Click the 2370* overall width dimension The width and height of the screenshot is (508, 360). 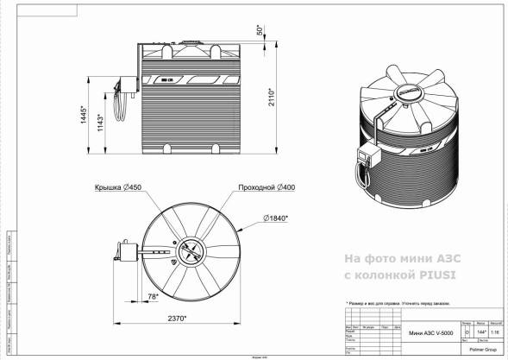(x=178, y=319)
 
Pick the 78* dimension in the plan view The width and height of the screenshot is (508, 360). (x=153, y=296)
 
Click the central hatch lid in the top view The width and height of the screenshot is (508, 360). (x=191, y=251)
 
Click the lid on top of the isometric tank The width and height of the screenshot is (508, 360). (x=409, y=89)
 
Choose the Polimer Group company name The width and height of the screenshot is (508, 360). (x=483, y=351)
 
